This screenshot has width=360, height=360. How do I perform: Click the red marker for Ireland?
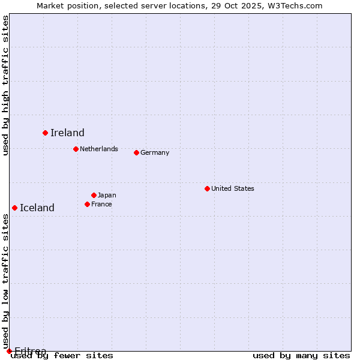click(45, 133)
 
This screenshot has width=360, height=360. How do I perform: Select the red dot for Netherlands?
click(76, 149)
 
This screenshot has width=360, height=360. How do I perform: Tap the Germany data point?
click(136, 152)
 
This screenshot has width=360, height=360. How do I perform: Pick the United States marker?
click(207, 188)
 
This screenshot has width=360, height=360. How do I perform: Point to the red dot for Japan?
click(94, 195)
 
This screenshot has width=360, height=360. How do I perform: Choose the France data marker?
click(87, 204)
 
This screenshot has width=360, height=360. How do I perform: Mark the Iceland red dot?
click(14, 208)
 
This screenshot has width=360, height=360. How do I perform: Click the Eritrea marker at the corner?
click(9, 351)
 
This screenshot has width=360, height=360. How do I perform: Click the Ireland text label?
click(67, 133)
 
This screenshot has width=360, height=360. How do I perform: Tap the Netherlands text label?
click(99, 149)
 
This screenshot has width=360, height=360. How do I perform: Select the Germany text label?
click(155, 152)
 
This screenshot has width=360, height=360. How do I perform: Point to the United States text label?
click(233, 188)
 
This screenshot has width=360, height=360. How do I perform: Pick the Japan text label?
click(107, 195)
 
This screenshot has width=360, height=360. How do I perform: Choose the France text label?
click(101, 204)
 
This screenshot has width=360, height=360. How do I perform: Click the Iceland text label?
click(37, 208)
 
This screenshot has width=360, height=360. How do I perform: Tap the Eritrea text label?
click(30, 351)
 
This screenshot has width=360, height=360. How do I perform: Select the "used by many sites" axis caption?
click(301, 356)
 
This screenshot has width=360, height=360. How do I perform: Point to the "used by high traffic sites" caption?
click(5, 85)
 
